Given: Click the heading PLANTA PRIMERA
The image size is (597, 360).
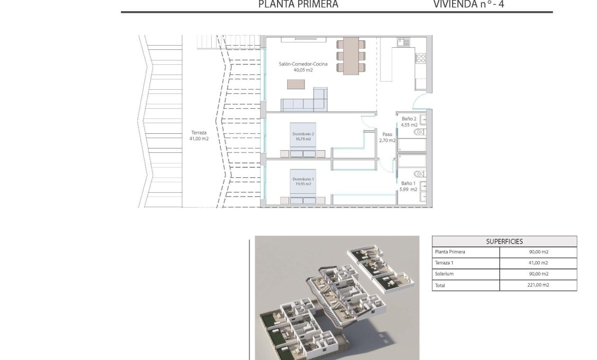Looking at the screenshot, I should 298,5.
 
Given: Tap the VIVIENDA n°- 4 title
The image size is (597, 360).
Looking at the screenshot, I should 472,5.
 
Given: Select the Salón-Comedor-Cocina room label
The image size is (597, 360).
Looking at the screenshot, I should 303,64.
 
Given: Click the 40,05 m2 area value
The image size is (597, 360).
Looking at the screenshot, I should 303,70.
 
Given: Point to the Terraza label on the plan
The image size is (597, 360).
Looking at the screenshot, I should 199,133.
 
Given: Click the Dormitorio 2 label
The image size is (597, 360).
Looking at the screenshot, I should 304,134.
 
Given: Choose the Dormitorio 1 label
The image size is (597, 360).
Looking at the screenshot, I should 304,179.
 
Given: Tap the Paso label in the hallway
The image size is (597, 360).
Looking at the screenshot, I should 387,135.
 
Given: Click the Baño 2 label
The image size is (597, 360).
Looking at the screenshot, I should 409,119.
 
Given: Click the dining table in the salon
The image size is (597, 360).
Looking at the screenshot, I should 351,56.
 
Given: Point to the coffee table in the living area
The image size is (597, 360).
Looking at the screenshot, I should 297,84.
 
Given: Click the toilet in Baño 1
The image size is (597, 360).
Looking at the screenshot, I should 419,173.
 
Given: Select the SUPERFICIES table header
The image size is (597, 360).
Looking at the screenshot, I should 504,242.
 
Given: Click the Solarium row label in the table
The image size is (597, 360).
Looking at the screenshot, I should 444,274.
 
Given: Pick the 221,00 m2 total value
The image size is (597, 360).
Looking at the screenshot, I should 538,285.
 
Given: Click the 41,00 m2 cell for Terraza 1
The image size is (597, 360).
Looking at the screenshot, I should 538,263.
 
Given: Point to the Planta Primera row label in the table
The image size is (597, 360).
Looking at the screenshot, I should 449,252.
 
